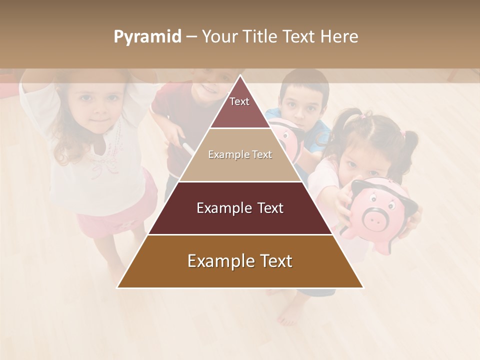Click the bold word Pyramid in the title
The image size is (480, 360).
pos(147,37)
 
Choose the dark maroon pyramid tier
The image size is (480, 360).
pos(240,208)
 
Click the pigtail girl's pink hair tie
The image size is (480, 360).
pos(402,134)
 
